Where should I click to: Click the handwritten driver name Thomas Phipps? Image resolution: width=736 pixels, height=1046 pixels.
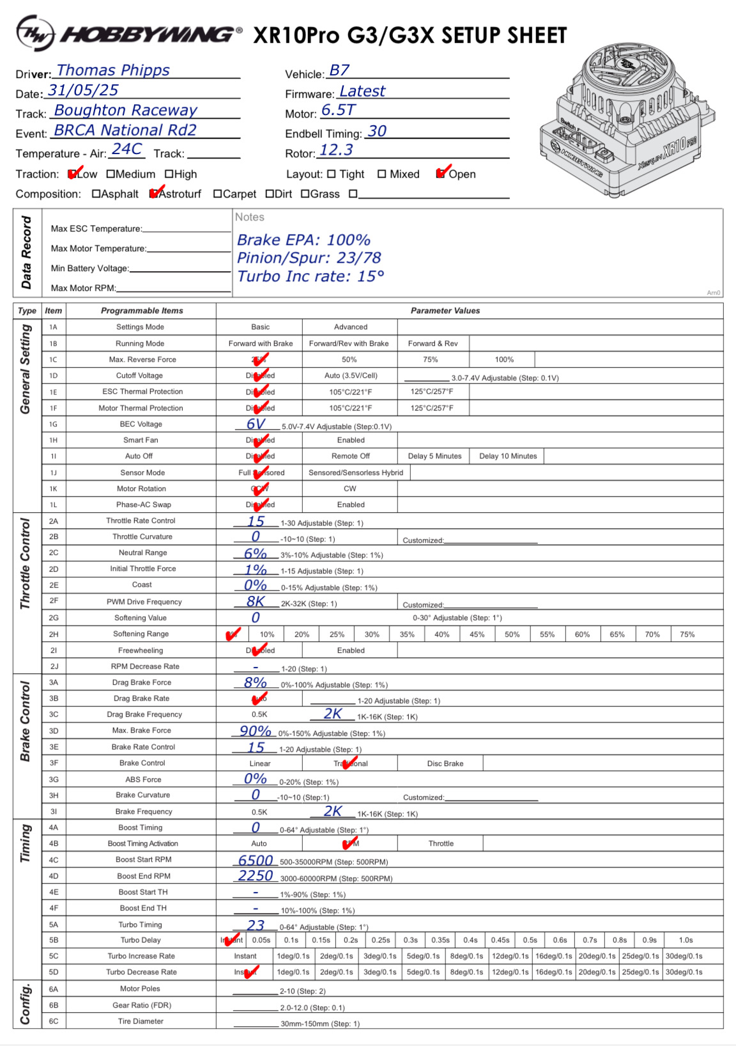tap(113, 70)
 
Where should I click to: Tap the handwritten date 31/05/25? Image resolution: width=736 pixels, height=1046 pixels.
tap(83, 90)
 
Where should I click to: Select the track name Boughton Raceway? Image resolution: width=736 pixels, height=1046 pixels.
tap(126, 110)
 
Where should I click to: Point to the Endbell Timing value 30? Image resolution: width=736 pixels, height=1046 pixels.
tap(377, 131)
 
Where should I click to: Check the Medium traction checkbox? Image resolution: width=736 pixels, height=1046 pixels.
tap(111, 174)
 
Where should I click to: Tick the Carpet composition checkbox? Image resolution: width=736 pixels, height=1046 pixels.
tap(217, 194)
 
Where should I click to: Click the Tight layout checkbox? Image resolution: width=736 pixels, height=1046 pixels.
tap(331, 174)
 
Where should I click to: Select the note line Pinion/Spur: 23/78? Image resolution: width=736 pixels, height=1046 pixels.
tap(309, 258)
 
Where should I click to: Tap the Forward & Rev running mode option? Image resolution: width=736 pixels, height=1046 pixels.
tap(433, 343)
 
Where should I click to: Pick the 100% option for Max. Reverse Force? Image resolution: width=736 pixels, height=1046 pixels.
tap(504, 359)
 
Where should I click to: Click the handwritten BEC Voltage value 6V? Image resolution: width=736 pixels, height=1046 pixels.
tap(256, 424)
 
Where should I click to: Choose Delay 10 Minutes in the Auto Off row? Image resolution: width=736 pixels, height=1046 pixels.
tap(508, 456)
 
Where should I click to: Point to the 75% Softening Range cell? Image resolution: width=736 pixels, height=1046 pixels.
tap(687, 634)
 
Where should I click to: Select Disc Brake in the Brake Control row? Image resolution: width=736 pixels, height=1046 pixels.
tap(445, 763)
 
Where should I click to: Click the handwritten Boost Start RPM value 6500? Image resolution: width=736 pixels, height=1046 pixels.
tap(256, 861)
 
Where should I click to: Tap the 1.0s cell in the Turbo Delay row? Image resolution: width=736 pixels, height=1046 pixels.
tap(686, 940)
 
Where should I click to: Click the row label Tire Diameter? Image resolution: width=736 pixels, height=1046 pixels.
tap(141, 1021)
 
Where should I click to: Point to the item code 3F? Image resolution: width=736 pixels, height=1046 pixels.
tap(54, 763)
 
